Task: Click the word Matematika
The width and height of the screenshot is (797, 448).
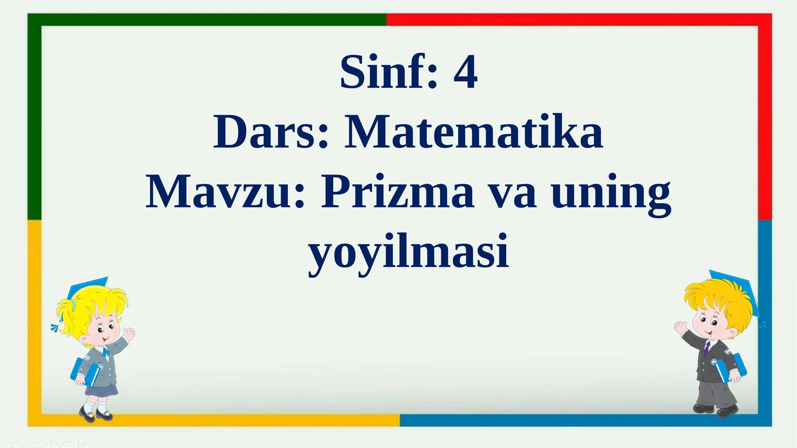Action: click(x=473, y=133)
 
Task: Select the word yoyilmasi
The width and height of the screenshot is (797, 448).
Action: click(x=408, y=252)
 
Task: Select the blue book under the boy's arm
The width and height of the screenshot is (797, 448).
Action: click(x=731, y=366)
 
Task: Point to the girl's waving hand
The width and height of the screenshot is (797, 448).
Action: click(x=129, y=333)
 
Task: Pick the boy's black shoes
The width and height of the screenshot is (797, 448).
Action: click(x=715, y=410)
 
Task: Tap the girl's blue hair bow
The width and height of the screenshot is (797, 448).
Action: click(x=55, y=327)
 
